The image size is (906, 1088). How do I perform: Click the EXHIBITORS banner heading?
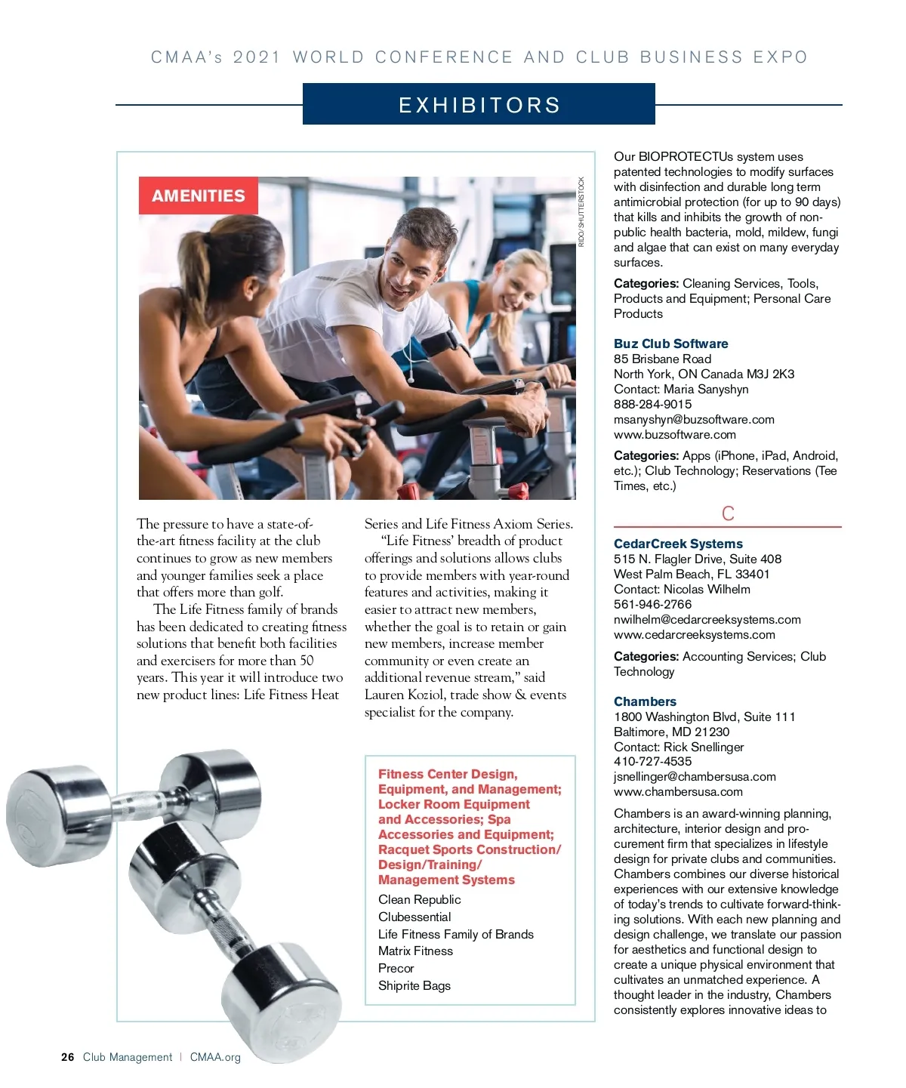(479, 105)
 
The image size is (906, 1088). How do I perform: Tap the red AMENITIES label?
(199, 196)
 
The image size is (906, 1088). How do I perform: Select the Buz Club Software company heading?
(670, 344)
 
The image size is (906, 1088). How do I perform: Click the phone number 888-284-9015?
(652, 404)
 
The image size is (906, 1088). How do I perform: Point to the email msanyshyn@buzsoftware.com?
(694, 419)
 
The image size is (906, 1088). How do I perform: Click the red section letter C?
(728, 514)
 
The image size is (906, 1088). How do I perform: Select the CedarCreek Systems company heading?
(678, 544)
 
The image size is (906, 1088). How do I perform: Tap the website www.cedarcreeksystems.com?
(694, 634)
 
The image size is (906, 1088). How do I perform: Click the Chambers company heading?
(645, 701)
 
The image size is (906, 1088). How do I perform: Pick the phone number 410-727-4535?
(652, 761)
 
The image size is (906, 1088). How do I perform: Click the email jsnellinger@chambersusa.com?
(695, 776)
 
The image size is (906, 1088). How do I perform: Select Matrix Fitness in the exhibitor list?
(415, 951)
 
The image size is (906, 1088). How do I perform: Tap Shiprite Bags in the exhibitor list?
(414, 985)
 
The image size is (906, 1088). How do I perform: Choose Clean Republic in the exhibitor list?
(419, 900)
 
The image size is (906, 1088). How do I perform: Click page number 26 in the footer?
(68, 1057)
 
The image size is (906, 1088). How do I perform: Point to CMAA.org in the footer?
(215, 1057)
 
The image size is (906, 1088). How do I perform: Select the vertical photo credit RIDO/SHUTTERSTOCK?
(581, 211)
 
